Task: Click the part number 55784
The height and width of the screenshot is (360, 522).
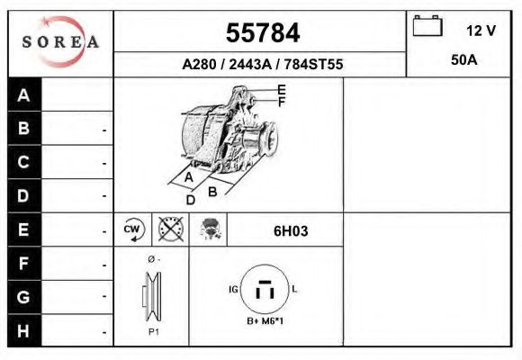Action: tap(262, 33)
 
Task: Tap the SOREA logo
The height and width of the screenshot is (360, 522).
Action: tap(60, 42)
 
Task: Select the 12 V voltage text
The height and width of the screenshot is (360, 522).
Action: tap(481, 31)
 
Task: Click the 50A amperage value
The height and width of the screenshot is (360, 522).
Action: tap(463, 60)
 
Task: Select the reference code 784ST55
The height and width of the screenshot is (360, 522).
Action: tap(311, 65)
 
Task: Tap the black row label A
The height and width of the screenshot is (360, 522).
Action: tap(24, 95)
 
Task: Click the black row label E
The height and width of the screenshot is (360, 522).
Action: tap(24, 229)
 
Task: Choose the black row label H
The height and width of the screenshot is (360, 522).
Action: tap(24, 330)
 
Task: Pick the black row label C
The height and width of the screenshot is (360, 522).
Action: tap(24, 163)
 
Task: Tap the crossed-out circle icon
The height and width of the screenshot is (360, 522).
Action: tap(169, 229)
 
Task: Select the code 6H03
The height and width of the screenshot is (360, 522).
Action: tap(290, 230)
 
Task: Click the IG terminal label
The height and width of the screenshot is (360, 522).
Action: tap(234, 289)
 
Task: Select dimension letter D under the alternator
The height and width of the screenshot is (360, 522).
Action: tap(190, 200)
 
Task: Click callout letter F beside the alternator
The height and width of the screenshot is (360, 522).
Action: tap(282, 102)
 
